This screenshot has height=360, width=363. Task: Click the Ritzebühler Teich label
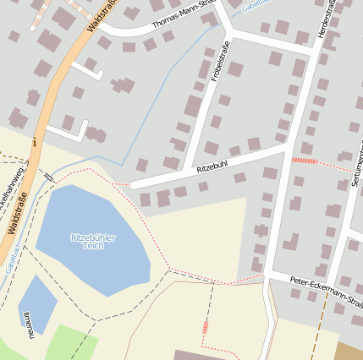pyautogui.click(x=93, y=241)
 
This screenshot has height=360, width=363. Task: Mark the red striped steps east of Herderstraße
pyautogui.click(x=304, y=160)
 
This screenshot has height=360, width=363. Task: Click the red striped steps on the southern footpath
pyautogui.click(x=205, y=328)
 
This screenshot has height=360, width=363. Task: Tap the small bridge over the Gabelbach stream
pyautogui.click(x=48, y=177)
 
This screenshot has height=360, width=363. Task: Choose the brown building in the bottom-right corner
pyautogui.click(x=349, y=351)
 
